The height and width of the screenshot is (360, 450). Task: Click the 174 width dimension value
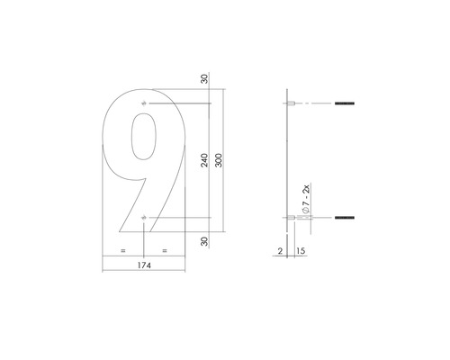145,267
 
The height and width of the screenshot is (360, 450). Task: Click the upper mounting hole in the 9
145,105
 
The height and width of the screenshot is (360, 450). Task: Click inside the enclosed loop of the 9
144,142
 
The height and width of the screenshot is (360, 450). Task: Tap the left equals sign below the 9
123,249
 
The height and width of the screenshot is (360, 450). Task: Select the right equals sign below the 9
165,249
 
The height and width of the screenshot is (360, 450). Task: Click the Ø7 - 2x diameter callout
307,200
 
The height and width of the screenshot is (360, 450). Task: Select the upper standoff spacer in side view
292,105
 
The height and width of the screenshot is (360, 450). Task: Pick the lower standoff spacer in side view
292,219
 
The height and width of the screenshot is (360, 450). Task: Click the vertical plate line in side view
287,162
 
